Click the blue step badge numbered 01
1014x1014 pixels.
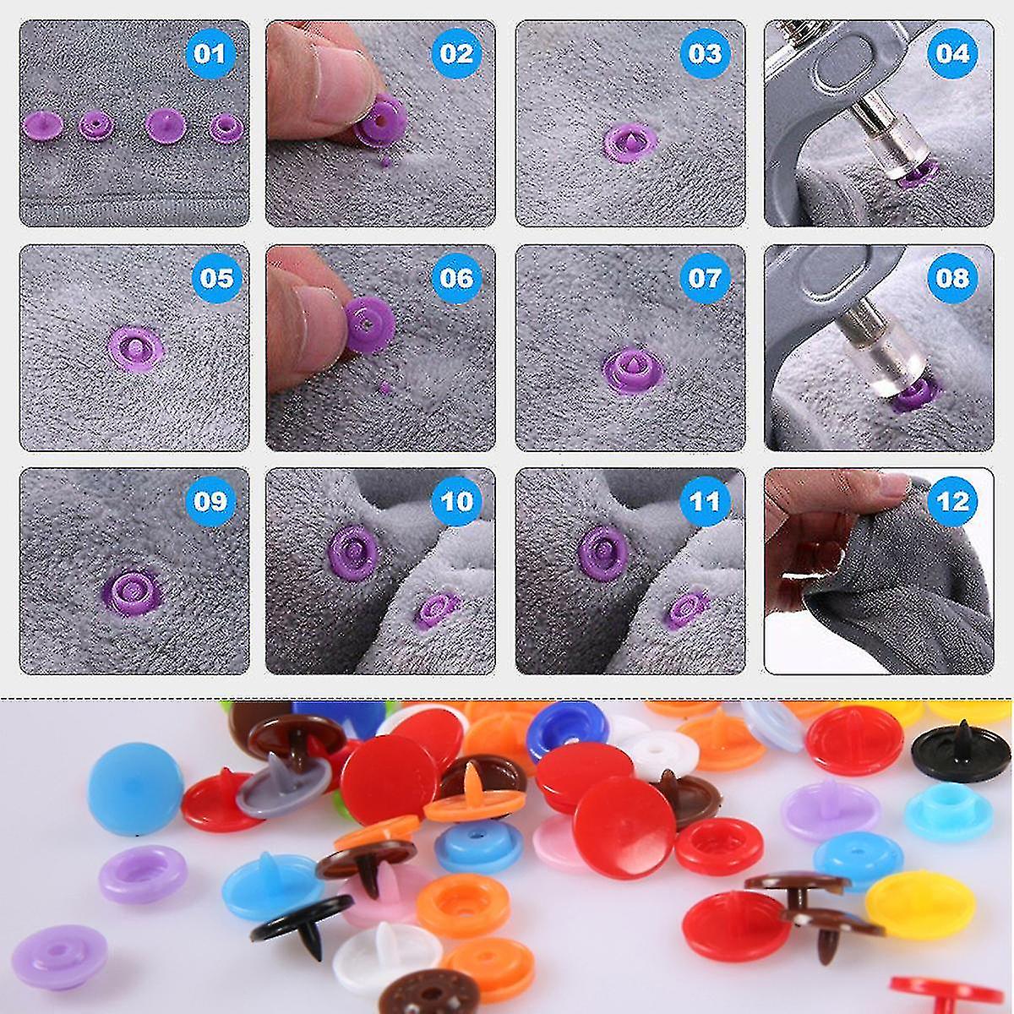pyautogui.click(x=209, y=55)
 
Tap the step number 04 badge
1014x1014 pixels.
pyautogui.click(x=952, y=55)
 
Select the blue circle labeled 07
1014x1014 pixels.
pyautogui.click(x=705, y=279)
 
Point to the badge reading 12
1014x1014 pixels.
pyautogui.click(x=952, y=501)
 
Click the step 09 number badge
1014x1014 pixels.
pyautogui.click(x=209, y=501)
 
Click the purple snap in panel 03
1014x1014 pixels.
pyautogui.click(x=630, y=142)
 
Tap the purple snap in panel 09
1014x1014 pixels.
pyautogui.click(x=132, y=591)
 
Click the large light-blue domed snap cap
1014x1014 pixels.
pyautogui.click(x=135, y=788)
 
